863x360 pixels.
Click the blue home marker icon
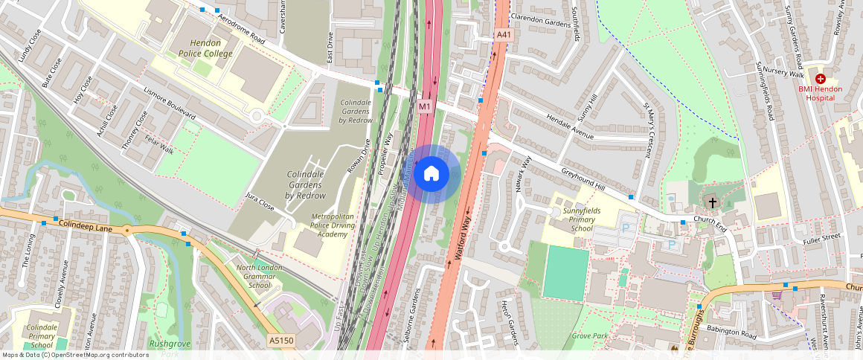pos(431,174)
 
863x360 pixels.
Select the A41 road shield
pos(504,35)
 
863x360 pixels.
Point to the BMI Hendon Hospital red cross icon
pos(821,78)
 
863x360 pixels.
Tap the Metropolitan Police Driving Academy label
pos(329,225)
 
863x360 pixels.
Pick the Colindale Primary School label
pos(42,335)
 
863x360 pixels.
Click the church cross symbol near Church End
pos(712,202)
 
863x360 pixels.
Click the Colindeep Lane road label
pos(85,225)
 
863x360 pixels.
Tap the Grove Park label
pos(590,336)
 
